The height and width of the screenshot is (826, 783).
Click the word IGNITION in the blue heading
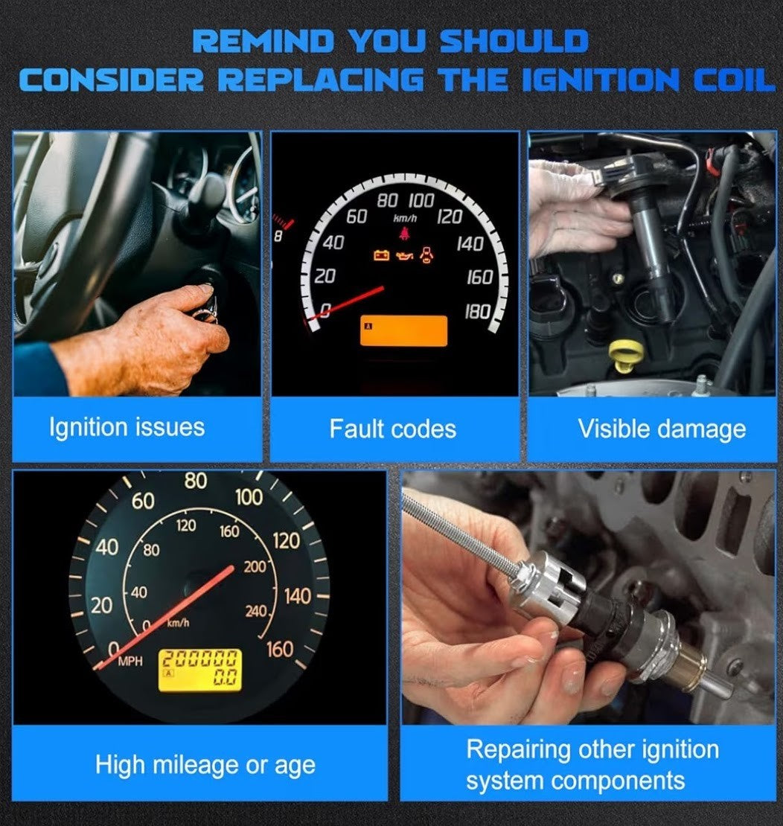point(600,80)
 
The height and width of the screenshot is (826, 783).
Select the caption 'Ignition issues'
point(127,427)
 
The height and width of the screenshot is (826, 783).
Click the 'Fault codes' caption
point(392,429)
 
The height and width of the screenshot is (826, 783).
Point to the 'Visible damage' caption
point(662,429)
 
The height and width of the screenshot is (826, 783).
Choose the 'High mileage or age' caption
point(205,765)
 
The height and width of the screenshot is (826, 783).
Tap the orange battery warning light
point(381,255)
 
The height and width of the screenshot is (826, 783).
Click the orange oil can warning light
point(403,256)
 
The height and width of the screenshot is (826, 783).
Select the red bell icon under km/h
point(403,233)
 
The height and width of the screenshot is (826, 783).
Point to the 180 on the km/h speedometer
point(478,313)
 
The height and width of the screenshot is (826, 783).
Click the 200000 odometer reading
point(199,659)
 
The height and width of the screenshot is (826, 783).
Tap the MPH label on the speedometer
point(130,661)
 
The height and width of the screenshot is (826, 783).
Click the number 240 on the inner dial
point(255,611)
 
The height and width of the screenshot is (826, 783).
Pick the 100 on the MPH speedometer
point(249,497)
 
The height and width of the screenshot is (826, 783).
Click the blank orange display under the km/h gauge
point(403,331)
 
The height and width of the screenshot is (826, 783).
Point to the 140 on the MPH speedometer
point(298,597)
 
